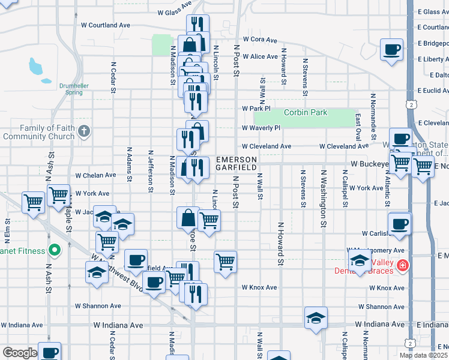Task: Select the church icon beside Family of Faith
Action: click(x=85, y=130)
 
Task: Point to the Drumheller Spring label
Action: click(x=74, y=89)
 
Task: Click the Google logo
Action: click(x=20, y=353)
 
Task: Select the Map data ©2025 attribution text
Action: click(x=423, y=355)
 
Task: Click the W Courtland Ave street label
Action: click(x=106, y=26)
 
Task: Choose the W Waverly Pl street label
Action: click(x=261, y=128)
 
